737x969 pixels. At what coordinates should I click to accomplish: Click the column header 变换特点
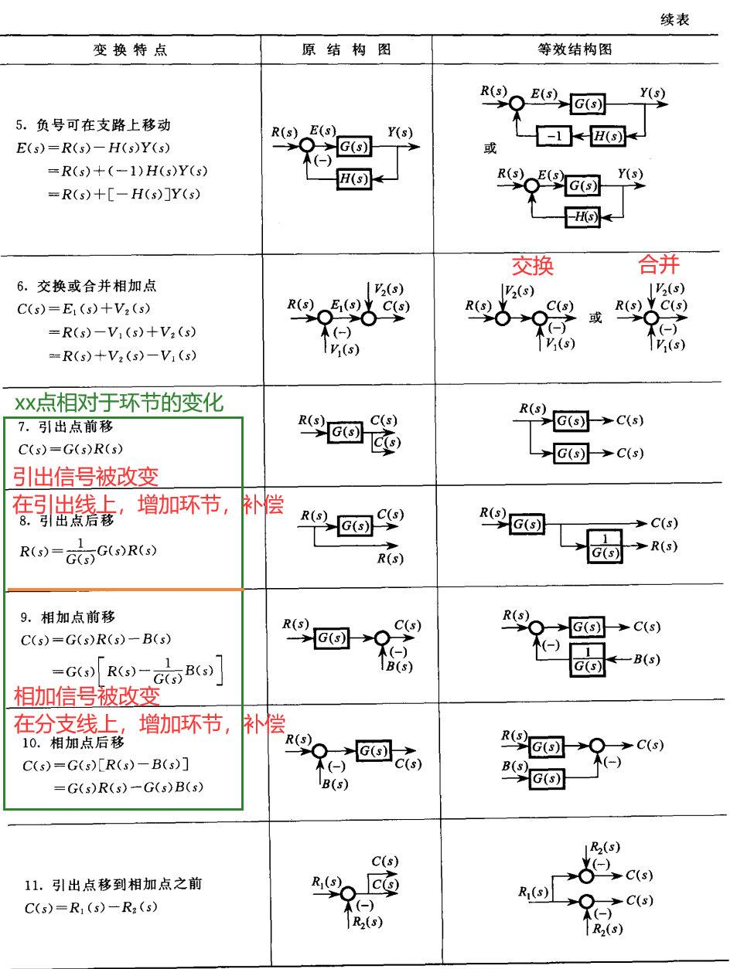click(x=130, y=50)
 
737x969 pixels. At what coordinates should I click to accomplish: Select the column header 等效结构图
click(x=575, y=49)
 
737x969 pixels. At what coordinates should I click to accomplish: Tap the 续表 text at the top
click(x=674, y=19)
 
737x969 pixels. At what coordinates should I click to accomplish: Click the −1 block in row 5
click(x=554, y=136)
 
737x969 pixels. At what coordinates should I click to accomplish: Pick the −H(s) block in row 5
click(x=582, y=217)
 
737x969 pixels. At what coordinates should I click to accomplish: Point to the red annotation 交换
click(x=533, y=266)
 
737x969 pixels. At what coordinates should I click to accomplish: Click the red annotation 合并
click(x=658, y=265)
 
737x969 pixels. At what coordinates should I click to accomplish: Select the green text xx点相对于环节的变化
click(x=119, y=403)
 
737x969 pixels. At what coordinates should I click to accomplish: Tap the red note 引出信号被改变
click(x=85, y=477)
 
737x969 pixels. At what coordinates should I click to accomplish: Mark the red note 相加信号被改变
click(x=87, y=696)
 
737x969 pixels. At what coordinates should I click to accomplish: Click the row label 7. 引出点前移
click(x=67, y=427)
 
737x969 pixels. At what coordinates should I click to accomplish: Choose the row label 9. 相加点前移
click(x=68, y=617)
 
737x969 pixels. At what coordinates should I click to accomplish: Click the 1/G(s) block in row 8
click(x=605, y=546)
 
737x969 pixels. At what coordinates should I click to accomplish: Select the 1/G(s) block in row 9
click(x=587, y=660)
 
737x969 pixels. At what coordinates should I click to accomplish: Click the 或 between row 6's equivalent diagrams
click(x=595, y=318)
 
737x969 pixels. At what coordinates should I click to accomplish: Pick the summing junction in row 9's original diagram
click(x=381, y=638)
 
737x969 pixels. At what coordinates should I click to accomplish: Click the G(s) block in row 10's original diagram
click(x=374, y=750)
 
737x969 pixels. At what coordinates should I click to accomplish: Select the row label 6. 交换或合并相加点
click(x=87, y=286)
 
